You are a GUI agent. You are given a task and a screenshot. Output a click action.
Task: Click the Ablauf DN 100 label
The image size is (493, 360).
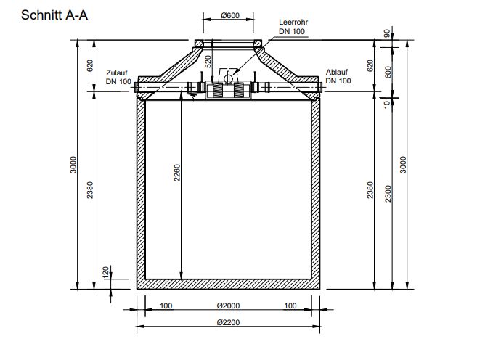(338, 77)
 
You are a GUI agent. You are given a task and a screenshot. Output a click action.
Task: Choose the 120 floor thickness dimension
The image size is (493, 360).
(106, 272)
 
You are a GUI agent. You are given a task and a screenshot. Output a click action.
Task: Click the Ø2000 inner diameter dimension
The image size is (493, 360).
(228, 306)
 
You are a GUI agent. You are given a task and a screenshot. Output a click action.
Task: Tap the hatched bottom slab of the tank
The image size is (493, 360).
(228, 284)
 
